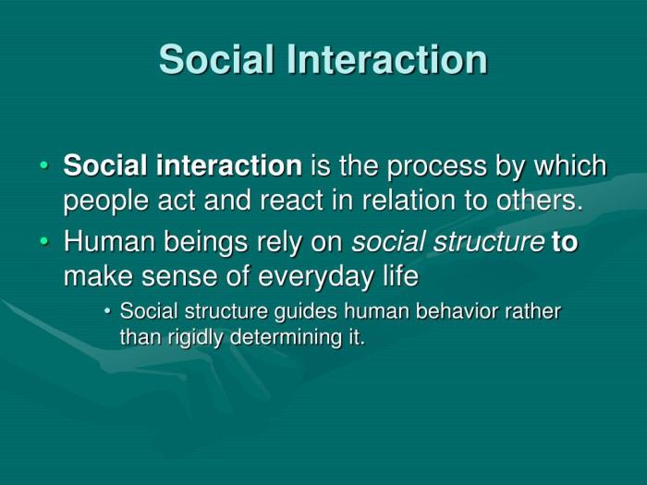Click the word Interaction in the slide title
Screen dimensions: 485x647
click(x=388, y=59)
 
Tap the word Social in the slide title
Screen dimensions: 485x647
click(x=218, y=59)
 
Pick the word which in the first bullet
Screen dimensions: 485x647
click(x=572, y=166)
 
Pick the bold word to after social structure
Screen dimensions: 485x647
click(x=565, y=243)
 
